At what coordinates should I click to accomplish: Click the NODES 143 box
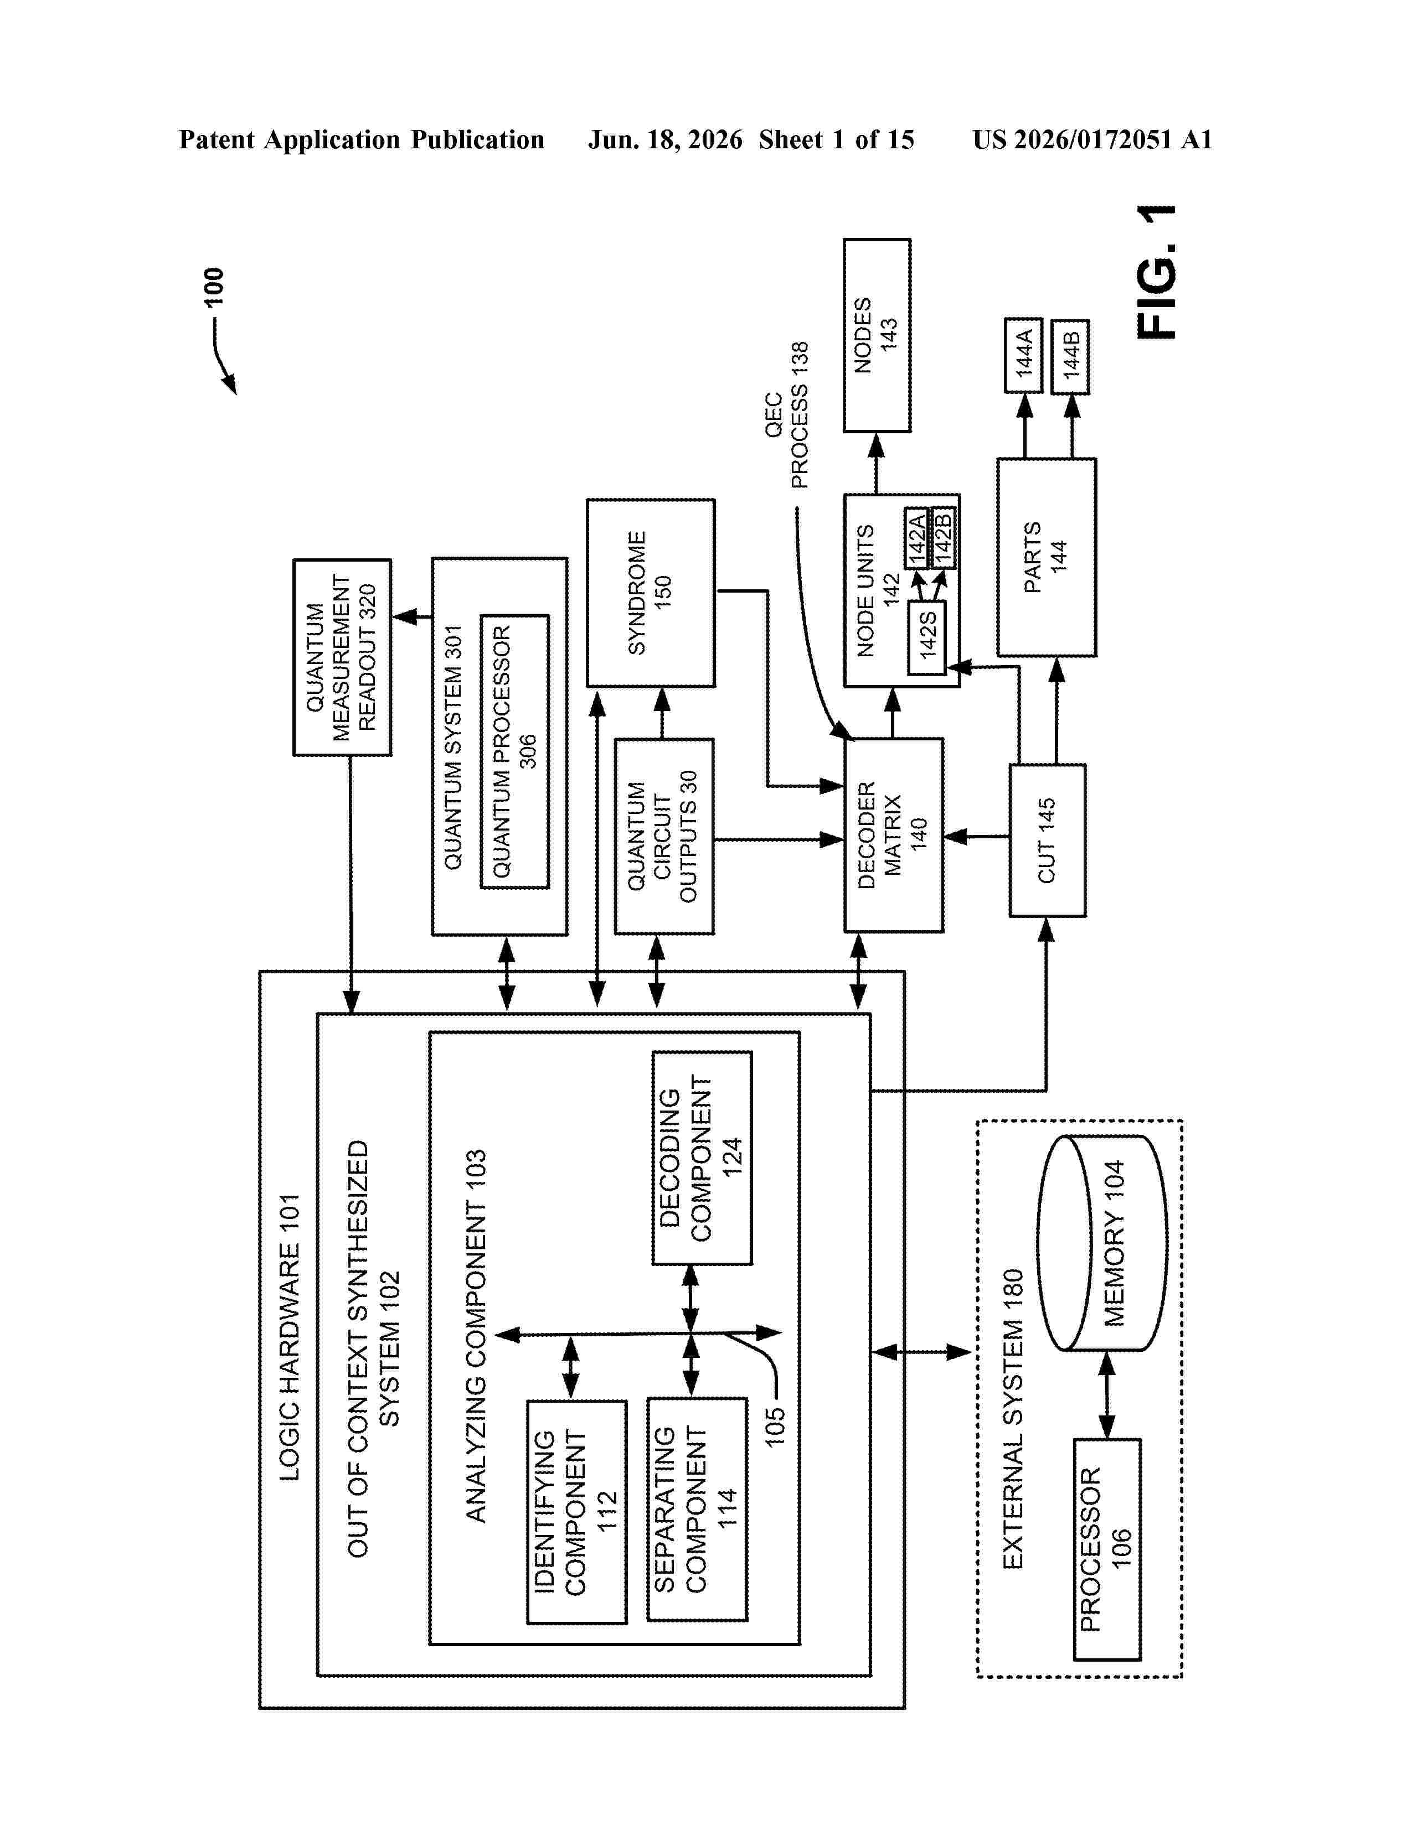pos(877,335)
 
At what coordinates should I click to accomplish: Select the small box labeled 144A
pos(1023,355)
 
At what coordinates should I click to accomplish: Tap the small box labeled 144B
pos(1070,356)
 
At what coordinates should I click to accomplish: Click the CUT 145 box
pos(1047,841)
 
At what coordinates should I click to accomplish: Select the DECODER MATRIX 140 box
pos(893,834)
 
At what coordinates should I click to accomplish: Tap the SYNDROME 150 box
pos(650,593)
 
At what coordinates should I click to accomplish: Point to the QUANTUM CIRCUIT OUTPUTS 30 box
pos(664,836)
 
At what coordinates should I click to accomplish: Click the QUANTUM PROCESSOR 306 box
pos(514,751)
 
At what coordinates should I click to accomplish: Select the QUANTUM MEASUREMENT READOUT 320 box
pos(342,657)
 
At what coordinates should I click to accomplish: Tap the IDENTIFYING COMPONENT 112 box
pos(576,1512)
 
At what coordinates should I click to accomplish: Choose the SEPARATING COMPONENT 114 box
pos(697,1509)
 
